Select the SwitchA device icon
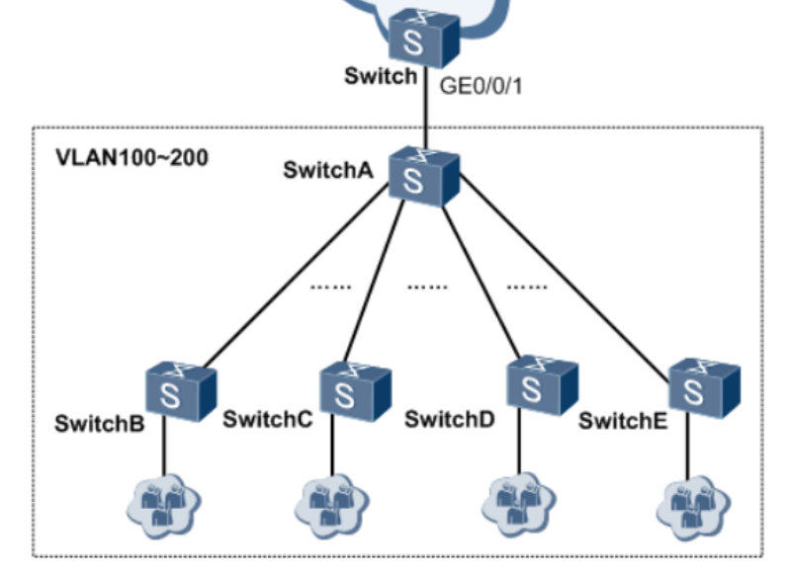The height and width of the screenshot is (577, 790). click(x=422, y=177)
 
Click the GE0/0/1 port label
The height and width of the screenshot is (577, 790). click(x=480, y=86)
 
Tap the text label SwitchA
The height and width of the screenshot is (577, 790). click(x=327, y=169)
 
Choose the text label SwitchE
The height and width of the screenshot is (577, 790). click(x=623, y=421)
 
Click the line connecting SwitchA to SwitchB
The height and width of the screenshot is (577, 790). click(x=297, y=277)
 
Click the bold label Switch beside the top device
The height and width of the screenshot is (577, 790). click(x=380, y=75)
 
